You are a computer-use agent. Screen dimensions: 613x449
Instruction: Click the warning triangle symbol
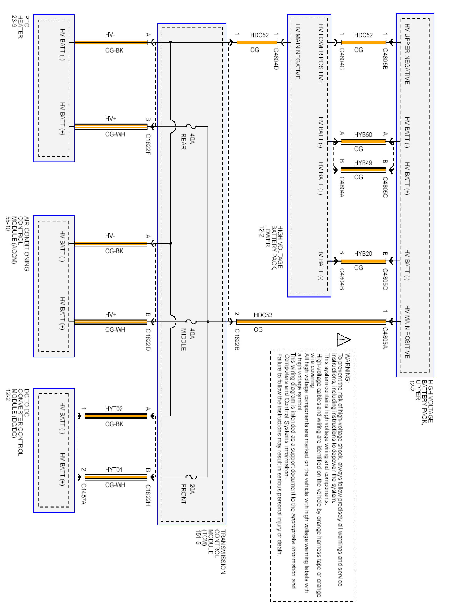343,340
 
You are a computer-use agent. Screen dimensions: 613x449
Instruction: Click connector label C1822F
148,144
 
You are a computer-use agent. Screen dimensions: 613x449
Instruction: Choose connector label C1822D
148,340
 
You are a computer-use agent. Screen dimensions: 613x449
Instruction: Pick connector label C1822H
148,495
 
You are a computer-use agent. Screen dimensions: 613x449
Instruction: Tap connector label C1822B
237,340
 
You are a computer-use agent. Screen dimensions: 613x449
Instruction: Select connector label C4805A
385,338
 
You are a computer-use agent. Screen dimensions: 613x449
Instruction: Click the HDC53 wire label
263,315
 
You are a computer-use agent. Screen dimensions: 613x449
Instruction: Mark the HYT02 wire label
114,409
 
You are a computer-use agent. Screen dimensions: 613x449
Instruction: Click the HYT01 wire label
114,470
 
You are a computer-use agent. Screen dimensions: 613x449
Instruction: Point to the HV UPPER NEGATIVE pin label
407,54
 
